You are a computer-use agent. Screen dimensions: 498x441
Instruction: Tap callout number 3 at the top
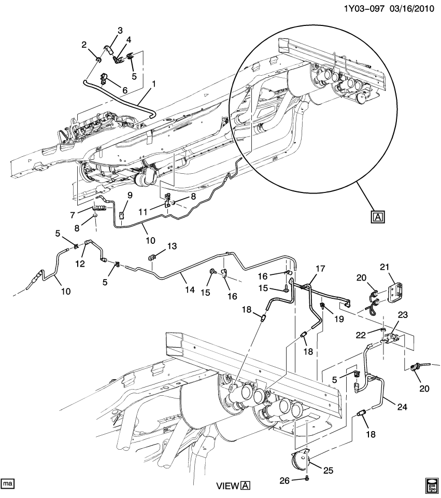(120, 30)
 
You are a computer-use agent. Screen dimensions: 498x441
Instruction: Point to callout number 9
(130, 195)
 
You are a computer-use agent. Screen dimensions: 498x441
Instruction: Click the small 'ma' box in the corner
(7, 483)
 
